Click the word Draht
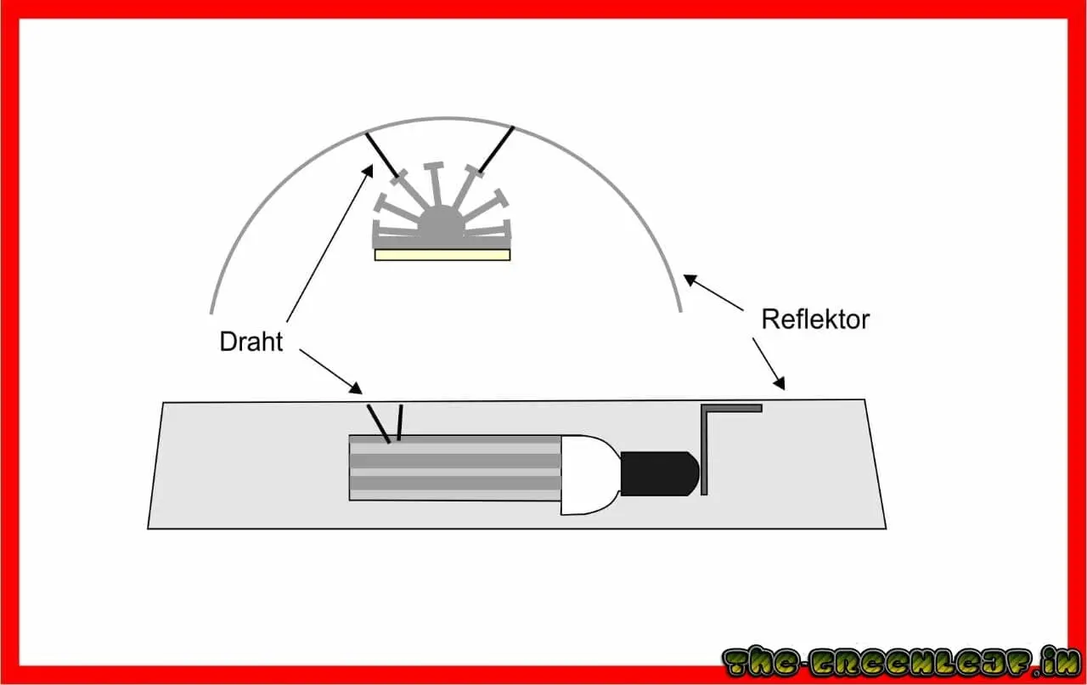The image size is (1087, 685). (251, 342)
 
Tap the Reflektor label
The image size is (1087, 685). (814, 320)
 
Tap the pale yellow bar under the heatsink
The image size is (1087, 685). (442, 254)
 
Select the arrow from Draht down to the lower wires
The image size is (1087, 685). (330, 371)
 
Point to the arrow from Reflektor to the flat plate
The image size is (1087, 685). (768, 364)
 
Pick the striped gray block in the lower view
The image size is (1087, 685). (454, 467)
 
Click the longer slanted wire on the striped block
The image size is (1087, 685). (378, 423)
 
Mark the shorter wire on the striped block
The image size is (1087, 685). (399, 423)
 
